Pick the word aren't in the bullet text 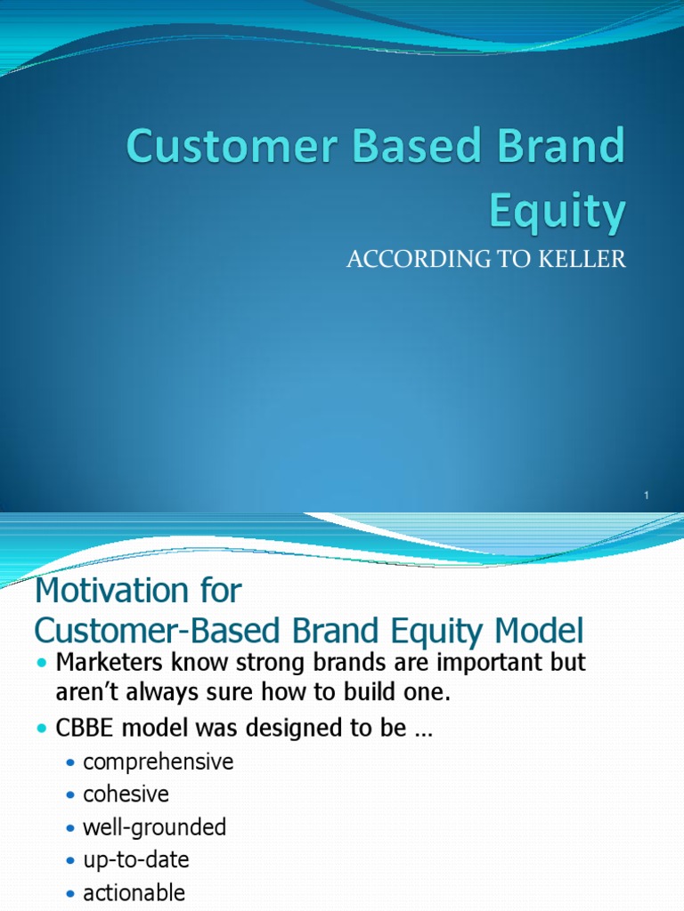(84, 692)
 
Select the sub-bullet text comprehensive (158, 762)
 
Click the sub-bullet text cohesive (126, 794)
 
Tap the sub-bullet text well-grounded (154, 827)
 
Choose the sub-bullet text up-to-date (135, 860)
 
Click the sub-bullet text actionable (134, 892)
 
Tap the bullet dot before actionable (71, 893)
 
